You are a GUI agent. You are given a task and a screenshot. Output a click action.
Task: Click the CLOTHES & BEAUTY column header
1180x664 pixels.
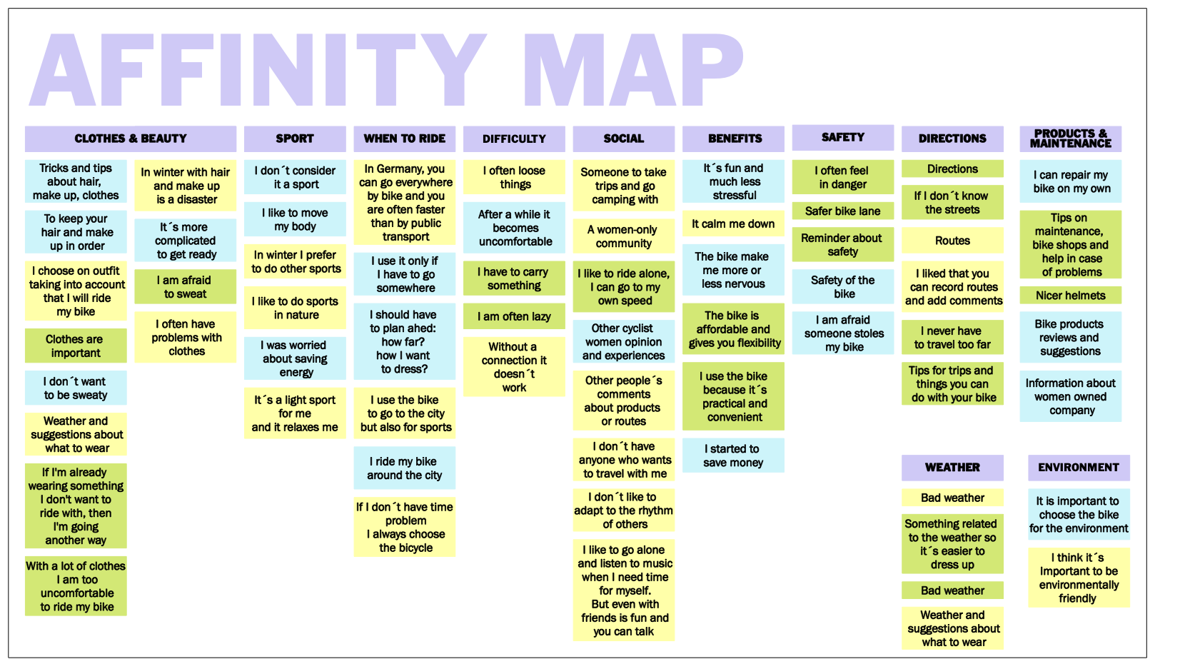[x=131, y=139]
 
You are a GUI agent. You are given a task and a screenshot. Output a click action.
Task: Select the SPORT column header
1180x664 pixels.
[x=294, y=139]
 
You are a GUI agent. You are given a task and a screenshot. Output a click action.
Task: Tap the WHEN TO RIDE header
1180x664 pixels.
[x=404, y=139]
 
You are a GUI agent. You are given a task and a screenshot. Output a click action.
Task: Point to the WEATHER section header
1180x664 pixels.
[x=952, y=468]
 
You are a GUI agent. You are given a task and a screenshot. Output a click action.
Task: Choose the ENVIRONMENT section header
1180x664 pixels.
[x=1078, y=468]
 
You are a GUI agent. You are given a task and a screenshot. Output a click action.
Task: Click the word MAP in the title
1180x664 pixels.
[x=632, y=70]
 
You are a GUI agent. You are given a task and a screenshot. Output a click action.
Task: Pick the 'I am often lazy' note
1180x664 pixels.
[x=514, y=316]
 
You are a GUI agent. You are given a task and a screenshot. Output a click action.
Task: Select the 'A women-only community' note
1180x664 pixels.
[x=623, y=236]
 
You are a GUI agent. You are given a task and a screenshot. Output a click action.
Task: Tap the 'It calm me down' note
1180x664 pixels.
[x=733, y=223]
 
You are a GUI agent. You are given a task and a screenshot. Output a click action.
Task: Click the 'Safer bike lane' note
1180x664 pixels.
[x=842, y=211]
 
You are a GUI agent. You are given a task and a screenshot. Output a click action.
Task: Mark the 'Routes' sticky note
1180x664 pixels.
[x=952, y=241]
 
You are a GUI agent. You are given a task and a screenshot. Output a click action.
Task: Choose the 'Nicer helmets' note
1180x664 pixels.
[x=1070, y=296]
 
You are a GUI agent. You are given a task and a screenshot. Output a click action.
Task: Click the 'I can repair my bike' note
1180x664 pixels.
[x=1070, y=181]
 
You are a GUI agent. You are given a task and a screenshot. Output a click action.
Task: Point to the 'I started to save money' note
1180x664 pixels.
[x=733, y=456]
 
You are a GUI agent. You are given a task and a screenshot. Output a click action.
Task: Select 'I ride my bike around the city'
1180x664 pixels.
[x=404, y=468]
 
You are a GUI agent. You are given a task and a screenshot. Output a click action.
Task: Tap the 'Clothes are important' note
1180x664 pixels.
[x=75, y=346]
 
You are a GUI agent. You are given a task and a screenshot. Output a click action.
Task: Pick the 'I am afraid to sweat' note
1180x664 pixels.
[x=185, y=287]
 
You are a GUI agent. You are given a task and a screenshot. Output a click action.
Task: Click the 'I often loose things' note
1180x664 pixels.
[x=514, y=177]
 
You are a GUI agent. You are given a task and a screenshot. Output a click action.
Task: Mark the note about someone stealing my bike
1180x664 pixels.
[x=842, y=333]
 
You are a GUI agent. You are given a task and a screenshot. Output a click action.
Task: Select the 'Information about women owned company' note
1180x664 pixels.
[x=1070, y=396]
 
